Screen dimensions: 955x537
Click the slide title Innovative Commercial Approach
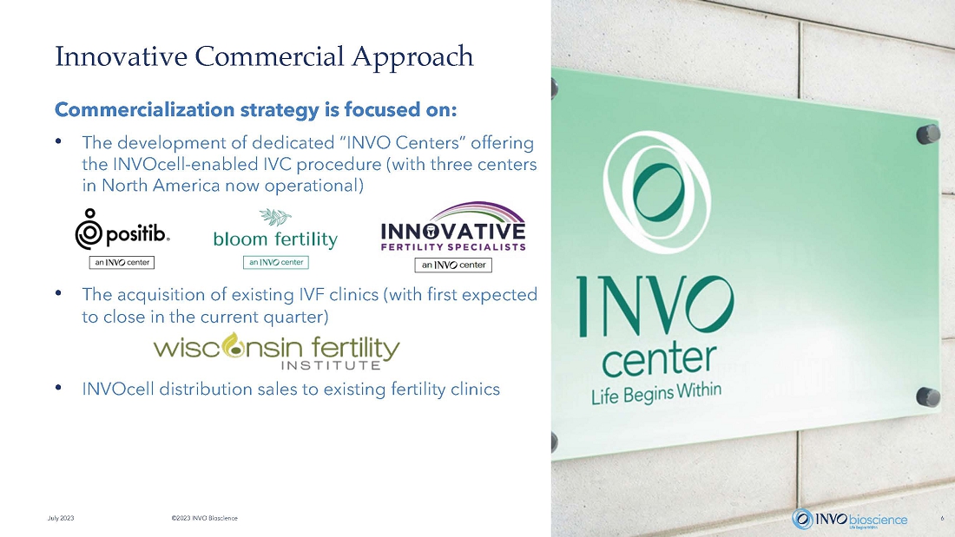coord(264,57)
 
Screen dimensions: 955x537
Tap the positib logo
coord(122,229)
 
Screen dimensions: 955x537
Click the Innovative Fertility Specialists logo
coord(453,227)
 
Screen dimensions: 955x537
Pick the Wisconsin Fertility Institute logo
coord(276,351)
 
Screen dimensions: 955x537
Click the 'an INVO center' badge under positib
coord(122,262)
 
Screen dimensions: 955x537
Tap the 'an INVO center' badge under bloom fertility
coord(276,262)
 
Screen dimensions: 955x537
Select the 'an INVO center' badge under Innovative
coord(453,265)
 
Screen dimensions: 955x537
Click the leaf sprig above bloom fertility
coord(275,217)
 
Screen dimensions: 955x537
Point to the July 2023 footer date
coord(61,518)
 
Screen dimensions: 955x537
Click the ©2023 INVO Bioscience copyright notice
coord(205,518)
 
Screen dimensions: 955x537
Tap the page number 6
coord(942,518)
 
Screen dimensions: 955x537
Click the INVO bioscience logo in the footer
coord(850,519)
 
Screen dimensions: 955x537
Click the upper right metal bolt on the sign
coord(927,134)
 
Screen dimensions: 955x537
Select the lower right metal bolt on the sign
coord(927,397)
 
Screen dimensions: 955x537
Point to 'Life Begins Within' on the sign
coord(656,393)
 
